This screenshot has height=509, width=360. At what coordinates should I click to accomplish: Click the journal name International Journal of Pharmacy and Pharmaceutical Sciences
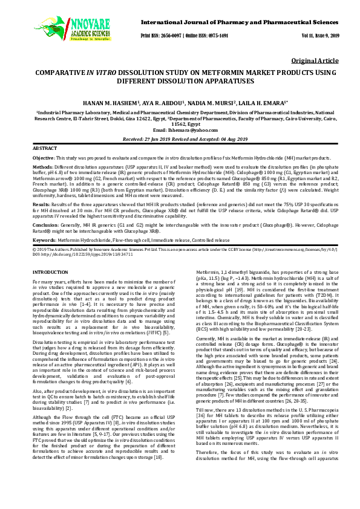(x=238, y=21)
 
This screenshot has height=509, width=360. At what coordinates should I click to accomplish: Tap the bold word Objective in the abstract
(x=43, y=158)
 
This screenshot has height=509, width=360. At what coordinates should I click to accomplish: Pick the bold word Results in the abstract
(x=41, y=204)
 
